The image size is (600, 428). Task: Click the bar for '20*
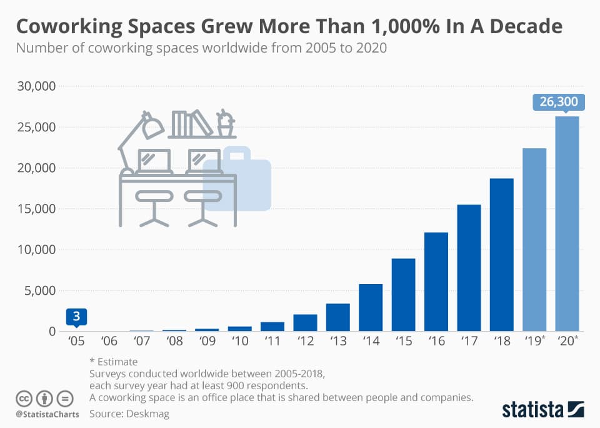[x=567, y=223]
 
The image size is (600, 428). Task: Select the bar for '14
[x=371, y=307]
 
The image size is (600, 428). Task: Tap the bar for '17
[x=469, y=267]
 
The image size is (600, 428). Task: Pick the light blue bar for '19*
[x=534, y=239]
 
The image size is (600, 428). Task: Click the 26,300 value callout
[x=559, y=102]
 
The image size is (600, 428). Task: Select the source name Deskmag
[x=149, y=414]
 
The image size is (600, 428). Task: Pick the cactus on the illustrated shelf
[x=224, y=123]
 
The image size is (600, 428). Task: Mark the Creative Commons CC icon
[x=24, y=398]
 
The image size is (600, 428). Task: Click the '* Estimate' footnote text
[x=114, y=362]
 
